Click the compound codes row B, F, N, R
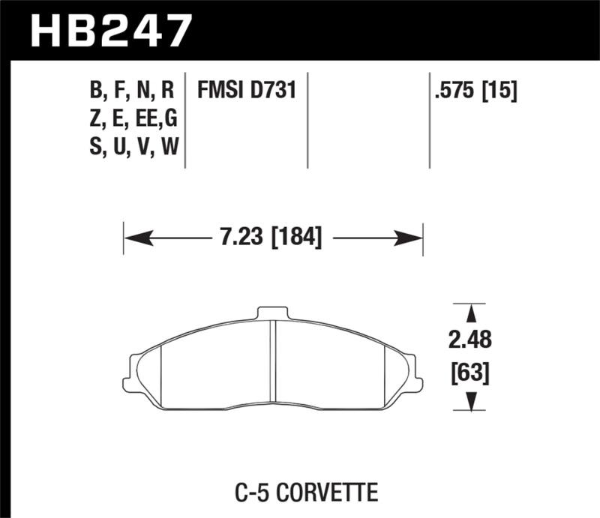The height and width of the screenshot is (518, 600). [132, 91]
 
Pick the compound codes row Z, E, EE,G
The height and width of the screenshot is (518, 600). [132, 120]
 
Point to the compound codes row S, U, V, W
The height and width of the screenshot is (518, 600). [132, 148]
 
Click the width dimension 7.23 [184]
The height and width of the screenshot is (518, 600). [272, 239]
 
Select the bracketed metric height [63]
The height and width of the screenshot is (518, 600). [470, 373]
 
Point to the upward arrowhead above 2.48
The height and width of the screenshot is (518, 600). [470, 313]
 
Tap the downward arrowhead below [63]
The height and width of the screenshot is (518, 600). [470, 403]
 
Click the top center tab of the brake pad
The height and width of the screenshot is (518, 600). [272, 312]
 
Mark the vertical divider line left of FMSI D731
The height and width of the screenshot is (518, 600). [185, 120]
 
